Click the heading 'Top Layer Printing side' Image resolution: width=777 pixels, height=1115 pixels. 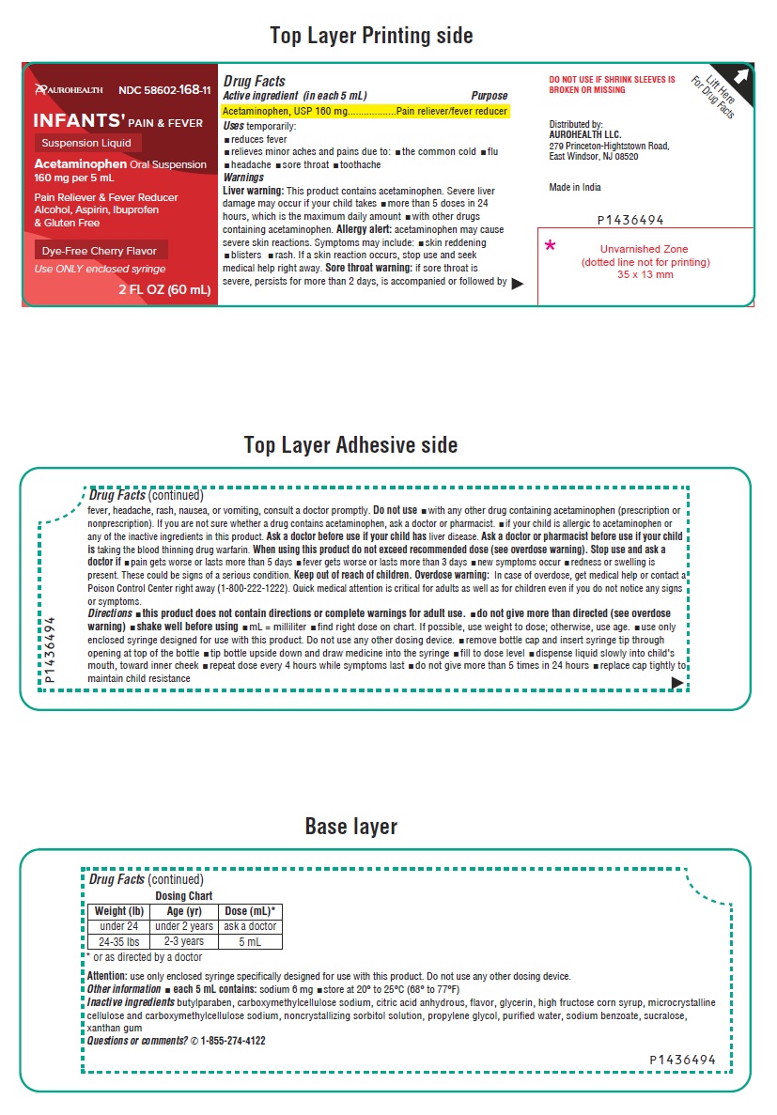point(371,36)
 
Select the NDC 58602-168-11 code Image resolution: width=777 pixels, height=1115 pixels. point(165,90)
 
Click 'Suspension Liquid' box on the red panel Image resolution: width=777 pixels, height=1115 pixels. point(88,144)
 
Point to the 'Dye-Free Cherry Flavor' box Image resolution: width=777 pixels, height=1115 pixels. point(101,250)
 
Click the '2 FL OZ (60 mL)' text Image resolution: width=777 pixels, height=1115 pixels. point(164,289)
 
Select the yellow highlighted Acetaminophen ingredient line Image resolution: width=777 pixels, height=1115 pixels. point(365,111)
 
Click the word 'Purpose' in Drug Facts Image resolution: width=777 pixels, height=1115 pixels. point(489,96)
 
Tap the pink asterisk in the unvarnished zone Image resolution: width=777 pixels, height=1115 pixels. point(551,247)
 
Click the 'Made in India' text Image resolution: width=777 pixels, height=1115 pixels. point(575,188)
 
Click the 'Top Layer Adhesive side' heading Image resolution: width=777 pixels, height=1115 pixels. point(350,444)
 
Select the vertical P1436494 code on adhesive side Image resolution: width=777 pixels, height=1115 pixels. point(51,648)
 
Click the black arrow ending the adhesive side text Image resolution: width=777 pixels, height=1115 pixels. point(677,683)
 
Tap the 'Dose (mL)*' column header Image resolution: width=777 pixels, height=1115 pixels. point(249,911)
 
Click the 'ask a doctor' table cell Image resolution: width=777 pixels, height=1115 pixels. point(249,926)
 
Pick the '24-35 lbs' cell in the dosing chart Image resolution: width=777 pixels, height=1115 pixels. point(118,941)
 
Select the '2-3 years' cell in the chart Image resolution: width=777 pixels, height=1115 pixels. point(183,941)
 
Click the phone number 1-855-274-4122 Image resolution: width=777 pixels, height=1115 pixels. point(232,1041)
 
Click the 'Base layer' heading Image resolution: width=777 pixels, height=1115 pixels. point(350,827)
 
